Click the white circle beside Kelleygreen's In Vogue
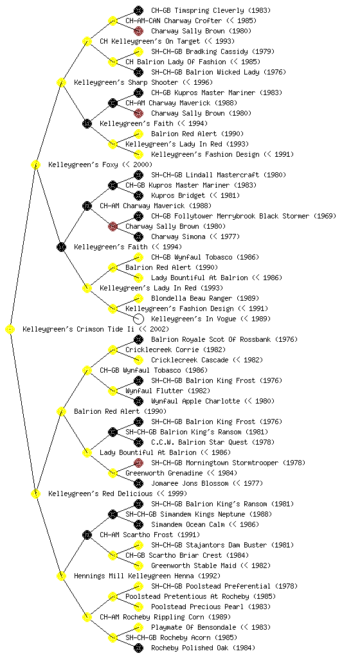pos(138,319)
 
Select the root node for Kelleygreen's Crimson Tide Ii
pos(10,330)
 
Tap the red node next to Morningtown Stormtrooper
pos(138,463)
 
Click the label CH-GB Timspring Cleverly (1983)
pos(211,10)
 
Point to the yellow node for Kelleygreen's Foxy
pos(35,165)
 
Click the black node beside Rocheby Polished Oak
pos(138,648)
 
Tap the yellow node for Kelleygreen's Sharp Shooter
pos(61,83)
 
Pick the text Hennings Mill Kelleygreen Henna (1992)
pos(147,576)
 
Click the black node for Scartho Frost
pos(87,535)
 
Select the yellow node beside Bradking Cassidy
pos(138,51)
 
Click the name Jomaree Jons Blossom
pos(190,483)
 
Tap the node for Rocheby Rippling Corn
pos(87,618)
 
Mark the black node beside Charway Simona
pos(138,236)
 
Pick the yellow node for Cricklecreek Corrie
pos(113,350)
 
